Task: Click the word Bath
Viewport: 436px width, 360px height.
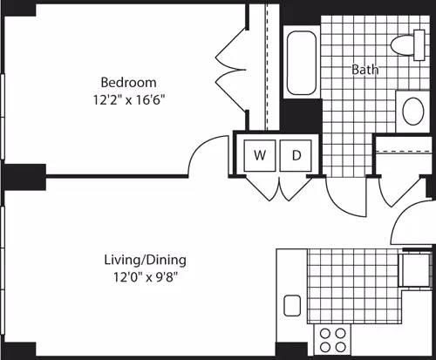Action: coord(365,70)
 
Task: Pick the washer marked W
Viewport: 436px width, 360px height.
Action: coord(260,155)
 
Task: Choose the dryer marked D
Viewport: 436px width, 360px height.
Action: coord(296,155)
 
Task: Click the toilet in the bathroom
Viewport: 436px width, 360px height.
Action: coord(405,43)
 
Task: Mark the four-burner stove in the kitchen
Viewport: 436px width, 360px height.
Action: coord(331,337)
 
